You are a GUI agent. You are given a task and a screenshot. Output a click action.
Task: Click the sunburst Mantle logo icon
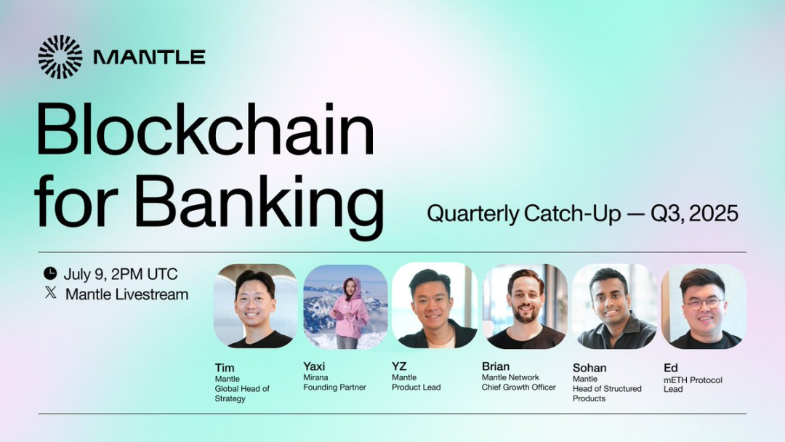click(60, 57)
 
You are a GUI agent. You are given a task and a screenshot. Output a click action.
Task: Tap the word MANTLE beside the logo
click(149, 57)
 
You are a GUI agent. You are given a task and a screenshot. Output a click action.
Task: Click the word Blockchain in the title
click(205, 129)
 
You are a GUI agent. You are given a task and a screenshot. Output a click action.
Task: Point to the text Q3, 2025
click(694, 214)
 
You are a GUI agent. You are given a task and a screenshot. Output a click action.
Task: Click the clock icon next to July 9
click(50, 273)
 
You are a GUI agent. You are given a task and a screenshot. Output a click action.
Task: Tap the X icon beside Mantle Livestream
click(51, 293)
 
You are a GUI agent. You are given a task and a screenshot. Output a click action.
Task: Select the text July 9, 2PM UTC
click(121, 274)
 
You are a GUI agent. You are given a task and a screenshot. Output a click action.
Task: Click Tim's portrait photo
click(255, 306)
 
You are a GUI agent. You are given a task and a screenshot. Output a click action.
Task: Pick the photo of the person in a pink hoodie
click(345, 306)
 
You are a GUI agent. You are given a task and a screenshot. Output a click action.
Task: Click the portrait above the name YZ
click(435, 305)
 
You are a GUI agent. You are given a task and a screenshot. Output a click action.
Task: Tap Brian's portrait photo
click(525, 306)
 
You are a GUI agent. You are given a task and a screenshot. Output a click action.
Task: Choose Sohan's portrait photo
click(614, 306)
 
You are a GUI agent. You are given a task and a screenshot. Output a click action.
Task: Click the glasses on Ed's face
click(704, 304)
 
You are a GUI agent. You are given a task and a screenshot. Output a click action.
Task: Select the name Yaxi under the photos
click(314, 366)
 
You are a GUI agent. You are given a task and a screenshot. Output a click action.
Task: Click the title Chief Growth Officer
click(519, 387)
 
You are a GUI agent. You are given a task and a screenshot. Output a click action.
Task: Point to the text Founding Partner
click(334, 387)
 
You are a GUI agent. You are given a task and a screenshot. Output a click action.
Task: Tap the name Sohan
click(589, 368)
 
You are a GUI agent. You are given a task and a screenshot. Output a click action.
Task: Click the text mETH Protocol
click(693, 380)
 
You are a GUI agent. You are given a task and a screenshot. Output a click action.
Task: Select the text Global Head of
click(242, 389)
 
